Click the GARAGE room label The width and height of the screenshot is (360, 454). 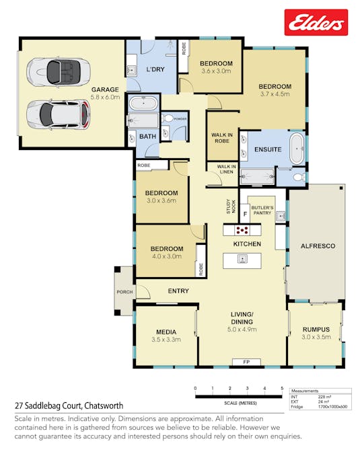pos(105,89)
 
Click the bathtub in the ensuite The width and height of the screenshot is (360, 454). pos(297,149)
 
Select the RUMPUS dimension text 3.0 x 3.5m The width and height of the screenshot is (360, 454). pos(316,337)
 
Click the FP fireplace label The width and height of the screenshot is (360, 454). pos(246,362)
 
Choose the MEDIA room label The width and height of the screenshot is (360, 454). pos(166,332)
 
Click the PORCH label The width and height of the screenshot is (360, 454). pos(124,292)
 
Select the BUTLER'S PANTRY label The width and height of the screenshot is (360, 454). pos(261,211)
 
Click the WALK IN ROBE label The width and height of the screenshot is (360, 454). pos(222,139)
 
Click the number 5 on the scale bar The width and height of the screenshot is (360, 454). pos(282,389)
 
